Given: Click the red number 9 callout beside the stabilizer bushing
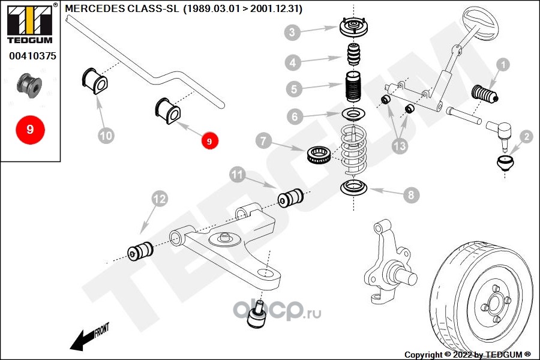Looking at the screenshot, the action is (x=209, y=141).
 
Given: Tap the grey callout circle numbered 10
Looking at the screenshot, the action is (x=106, y=136).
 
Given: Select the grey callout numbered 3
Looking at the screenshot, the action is (x=292, y=32).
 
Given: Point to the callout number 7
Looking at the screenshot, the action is (x=263, y=141).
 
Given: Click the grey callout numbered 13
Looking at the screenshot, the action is (x=400, y=146).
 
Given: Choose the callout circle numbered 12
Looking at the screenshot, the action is (x=160, y=199).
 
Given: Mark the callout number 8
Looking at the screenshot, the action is (x=411, y=195).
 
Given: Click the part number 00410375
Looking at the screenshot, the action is (x=32, y=56).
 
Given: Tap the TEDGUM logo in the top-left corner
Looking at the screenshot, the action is (x=31, y=23).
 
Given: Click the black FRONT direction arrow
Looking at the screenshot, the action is (x=89, y=337).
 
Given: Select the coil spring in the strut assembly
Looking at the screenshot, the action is (x=353, y=151).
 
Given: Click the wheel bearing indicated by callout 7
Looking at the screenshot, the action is (x=319, y=155).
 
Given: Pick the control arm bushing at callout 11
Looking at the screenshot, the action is (x=290, y=198).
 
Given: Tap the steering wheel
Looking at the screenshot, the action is (x=481, y=23).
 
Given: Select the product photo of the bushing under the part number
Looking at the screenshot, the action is (x=29, y=85).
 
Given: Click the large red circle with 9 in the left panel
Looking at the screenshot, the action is (x=31, y=130).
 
